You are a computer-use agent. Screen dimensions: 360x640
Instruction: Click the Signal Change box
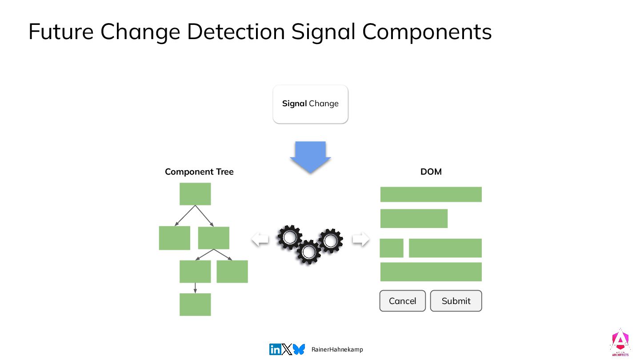tap(310, 104)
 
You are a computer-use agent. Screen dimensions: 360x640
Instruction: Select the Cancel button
tap(402, 301)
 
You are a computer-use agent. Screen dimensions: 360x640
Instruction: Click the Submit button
tap(456, 301)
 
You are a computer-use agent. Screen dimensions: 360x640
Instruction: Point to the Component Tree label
tap(199, 172)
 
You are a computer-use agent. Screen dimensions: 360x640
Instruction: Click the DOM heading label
tap(431, 172)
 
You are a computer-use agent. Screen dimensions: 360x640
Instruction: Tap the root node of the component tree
tap(195, 194)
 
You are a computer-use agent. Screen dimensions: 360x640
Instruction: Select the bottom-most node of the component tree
tap(195, 304)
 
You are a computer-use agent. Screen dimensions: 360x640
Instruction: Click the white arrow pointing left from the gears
tap(260, 240)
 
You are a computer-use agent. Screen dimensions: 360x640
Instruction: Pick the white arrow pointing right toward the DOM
tap(360, 239)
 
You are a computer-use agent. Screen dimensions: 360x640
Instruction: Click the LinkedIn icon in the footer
tap(275, 349)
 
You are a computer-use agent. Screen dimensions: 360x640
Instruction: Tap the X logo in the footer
tap(287, 349)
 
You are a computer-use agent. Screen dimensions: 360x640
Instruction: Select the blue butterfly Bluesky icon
tap(299, 349)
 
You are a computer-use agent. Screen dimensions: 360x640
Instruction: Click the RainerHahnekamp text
tap(337, 350)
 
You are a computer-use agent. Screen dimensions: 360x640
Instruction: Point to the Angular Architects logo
tap(620, 343)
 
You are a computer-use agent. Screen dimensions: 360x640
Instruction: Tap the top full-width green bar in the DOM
tap(431, 194)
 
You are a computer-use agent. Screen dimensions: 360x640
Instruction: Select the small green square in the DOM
tap(392, 248)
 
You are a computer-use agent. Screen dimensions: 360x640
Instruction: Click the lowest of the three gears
tap(308, 252)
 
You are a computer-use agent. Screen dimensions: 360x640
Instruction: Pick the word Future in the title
tap(60, 32)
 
